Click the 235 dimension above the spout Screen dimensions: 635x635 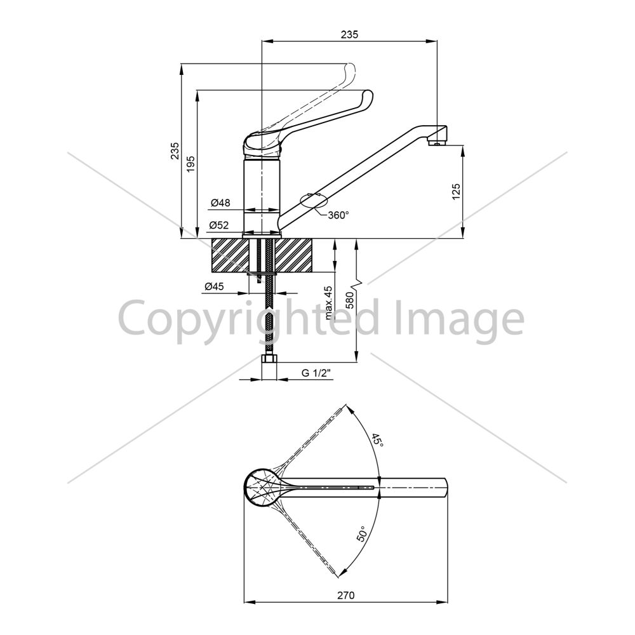click(349, 34)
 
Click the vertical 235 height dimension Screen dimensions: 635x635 click(175, 150)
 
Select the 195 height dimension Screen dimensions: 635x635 click(190, 164)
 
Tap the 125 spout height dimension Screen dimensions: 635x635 click(457, 192)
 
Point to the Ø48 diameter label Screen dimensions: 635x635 click(220, 203)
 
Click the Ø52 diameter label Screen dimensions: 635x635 click(219, 225)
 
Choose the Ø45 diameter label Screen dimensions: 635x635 click(214, 287)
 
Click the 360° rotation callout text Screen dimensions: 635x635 click(338, 215)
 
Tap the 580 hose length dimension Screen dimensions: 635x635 click(351, 300)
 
